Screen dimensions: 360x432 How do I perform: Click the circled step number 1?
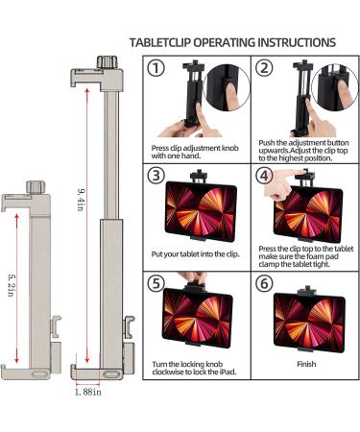156,68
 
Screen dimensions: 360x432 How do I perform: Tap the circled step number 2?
264,68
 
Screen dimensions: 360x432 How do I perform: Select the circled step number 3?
156,176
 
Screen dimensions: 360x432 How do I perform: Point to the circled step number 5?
156,283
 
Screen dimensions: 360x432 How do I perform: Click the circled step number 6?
264,283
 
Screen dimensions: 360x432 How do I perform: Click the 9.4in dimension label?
81,200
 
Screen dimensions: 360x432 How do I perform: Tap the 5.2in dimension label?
12,285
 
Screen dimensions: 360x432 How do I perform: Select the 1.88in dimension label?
88,392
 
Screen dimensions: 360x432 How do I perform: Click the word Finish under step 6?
306,364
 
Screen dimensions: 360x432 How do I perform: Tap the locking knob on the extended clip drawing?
108,62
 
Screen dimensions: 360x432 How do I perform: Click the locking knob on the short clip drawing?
36,187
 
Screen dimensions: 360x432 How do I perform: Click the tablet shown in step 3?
201,211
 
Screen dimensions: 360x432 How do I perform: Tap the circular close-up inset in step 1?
227,87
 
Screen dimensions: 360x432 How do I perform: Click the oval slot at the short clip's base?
39,373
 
